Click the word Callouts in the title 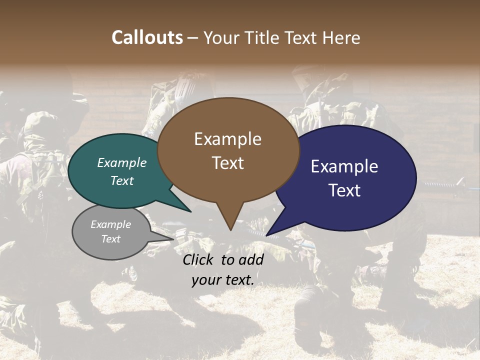tap(147, 38)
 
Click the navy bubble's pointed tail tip tap(267, 235)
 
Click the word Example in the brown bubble tap(227, 139)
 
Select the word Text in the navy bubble tap(344, 190)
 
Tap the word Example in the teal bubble tap(122, 163)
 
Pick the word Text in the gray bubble tap(111, 239)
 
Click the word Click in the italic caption tap(199, 259)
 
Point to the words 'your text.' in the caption tap(223, 280)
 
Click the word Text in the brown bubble tap(228, 163)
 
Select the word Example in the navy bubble tap(344, 166)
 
